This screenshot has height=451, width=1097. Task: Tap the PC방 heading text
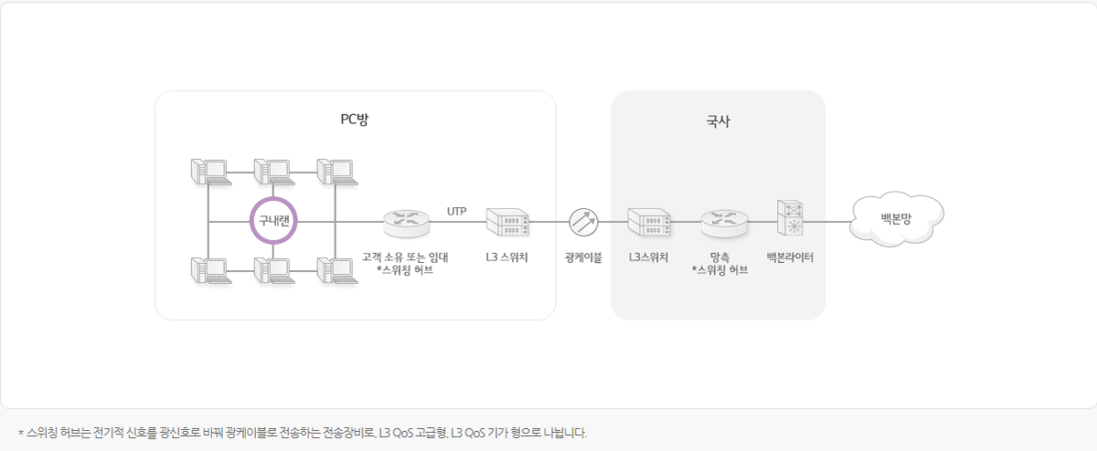click(355, 119)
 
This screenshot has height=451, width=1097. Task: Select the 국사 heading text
click(719, 120)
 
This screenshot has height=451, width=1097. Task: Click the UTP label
click(457, 212)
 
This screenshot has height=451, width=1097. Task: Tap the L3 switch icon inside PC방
click(507, 222)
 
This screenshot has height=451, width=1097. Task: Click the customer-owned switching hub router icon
click(404, 222)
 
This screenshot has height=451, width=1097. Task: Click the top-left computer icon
click(208, 172)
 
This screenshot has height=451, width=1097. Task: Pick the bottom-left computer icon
click(208, 271)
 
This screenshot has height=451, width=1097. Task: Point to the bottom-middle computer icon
click(272, 271)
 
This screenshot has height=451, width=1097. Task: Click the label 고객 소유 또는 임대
click(405, 257)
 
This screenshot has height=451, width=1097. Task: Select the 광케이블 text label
click(583, 257)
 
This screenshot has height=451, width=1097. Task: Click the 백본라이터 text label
click(790, 257)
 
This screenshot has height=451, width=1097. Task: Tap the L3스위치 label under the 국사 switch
click(648, 257)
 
